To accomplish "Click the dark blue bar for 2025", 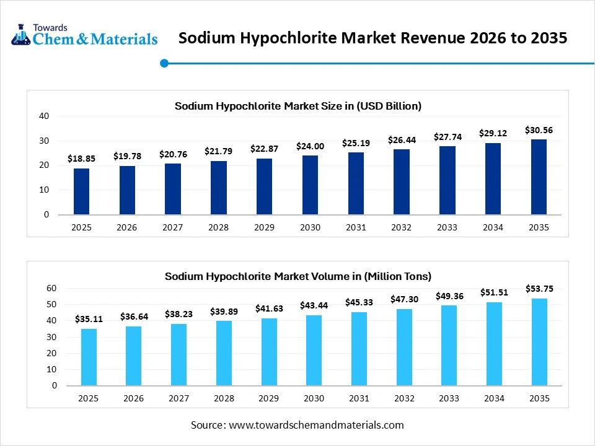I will (x=81, y=191).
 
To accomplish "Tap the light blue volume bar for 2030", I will (x=314, y=350).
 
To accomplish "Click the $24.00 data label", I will (x=310, y=146).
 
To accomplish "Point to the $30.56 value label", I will (x=539, y=130).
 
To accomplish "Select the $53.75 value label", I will (x=539, y=288).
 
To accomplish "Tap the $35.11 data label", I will (x=89, y=319).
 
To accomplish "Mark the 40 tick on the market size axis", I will (x=43, y=116).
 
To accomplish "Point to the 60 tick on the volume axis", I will (x=51, y=289).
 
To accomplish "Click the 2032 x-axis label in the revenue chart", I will (x=401, y=227).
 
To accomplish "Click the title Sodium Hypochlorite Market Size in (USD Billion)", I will (x=297, y=106).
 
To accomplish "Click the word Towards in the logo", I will (x=51, y=27).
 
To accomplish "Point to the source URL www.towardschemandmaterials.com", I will (x=316, y=425).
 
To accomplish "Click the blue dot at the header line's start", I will (x=164, y=63).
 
